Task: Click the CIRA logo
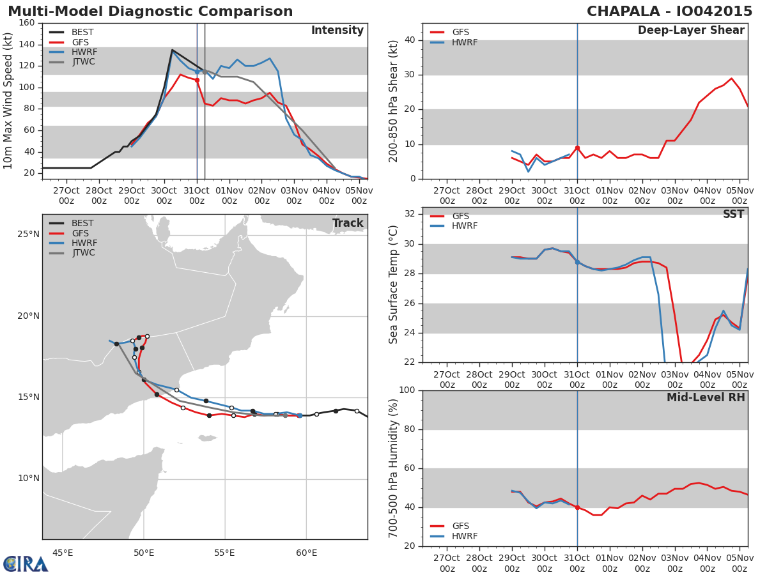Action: pos(25,564)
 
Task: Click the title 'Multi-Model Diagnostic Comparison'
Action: pos(150,11)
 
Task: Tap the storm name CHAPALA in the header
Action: pos(623,11)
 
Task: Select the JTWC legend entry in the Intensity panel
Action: pos(72,62)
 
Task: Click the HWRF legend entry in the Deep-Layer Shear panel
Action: pos(454,42)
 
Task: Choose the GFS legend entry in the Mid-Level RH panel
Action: pos(449,526)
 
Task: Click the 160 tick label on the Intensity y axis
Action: pos(27,23)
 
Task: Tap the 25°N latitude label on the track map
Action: pos(28,234)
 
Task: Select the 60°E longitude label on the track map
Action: pos(306,553)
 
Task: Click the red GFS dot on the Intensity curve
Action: pos(197,80)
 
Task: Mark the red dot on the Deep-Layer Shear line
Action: pos(577,148)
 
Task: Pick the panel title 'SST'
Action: pos(734,214)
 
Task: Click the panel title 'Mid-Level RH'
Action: pos(706,397)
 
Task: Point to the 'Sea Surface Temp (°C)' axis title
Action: pos(393,285)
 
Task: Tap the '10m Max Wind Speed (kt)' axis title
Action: pos(8,101)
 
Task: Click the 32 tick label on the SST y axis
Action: pos(410,213)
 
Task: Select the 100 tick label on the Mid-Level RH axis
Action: pos(407,390)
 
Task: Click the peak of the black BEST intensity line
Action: pos(173,50)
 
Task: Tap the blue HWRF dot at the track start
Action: pos(300,415)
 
